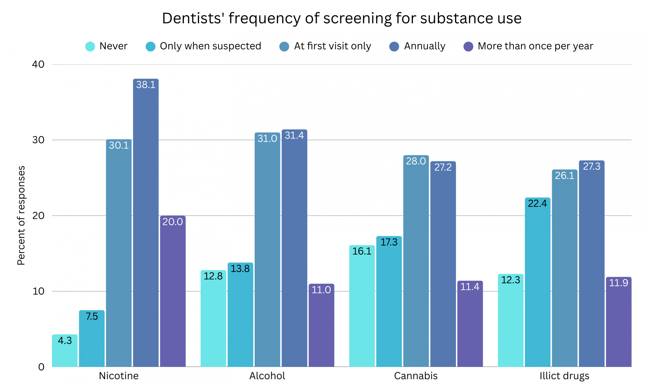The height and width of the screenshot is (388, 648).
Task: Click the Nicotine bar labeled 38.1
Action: [146, 222]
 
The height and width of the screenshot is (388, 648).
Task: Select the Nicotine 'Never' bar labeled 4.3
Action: [65, 350]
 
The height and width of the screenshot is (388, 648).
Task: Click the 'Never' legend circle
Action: [90, 47]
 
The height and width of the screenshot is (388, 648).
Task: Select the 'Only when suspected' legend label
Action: [210, 46]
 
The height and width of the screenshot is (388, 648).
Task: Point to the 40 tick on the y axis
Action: [38, 64]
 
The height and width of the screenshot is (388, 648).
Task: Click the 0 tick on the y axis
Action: [41, 367]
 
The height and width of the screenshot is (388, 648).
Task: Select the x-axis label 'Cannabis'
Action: [416, 376]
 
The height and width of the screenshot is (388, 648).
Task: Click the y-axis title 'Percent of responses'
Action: [21, 215]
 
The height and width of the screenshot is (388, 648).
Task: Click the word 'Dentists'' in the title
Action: [192, 18]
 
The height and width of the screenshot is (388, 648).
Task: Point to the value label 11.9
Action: [618, 283]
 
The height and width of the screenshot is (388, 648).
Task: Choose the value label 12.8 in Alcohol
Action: [213, 276]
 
